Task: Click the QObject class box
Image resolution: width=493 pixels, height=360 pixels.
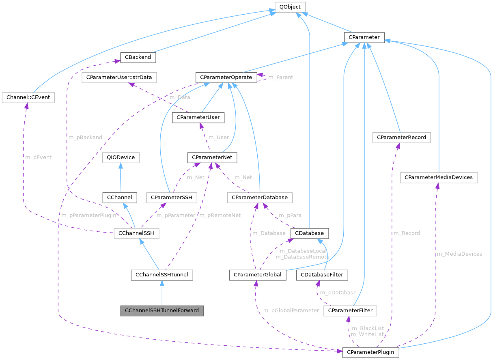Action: click(290, 7)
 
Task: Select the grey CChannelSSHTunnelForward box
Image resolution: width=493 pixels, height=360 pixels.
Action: click(161, 310)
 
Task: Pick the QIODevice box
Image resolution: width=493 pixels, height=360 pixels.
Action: click(121, 157)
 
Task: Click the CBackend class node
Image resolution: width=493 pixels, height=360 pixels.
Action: click(138, 57)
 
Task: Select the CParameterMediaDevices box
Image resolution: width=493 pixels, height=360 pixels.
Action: click(439, 177)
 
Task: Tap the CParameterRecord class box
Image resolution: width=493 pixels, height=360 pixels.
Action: click(401, 137)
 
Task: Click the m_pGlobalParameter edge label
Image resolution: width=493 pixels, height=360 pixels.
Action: click(291, 310)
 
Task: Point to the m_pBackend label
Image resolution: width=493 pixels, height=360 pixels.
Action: click(85, 137)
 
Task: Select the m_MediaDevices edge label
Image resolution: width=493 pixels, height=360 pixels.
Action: click(459, 254)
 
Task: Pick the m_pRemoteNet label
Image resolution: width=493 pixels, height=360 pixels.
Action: click(220, 215)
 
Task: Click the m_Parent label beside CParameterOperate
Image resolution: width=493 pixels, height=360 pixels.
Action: click(280, 77)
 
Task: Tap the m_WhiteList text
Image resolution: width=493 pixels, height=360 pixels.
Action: click(367, 334)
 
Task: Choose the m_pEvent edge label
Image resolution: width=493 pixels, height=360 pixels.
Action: click(39, 157)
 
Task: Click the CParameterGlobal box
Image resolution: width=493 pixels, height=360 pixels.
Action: click(258, 275)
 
